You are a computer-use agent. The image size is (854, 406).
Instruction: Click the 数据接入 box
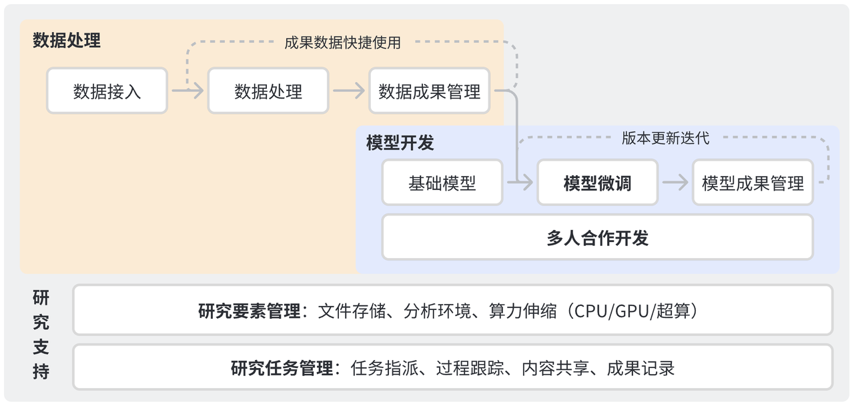coord(107,91)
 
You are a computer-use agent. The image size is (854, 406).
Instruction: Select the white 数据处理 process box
coord(268,91)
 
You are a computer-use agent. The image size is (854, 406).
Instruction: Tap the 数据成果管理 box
coord(429,91)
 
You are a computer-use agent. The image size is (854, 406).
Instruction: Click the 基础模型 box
coord(442,183)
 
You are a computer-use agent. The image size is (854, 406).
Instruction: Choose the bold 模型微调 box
coord(597,183)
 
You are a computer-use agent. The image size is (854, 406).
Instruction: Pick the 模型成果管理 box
coord(753,183)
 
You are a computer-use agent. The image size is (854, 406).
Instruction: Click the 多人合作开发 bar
coord(597,237)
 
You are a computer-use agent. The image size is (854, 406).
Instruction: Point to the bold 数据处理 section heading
coord(67,40)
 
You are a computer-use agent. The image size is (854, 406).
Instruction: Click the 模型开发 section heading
coord(400,143)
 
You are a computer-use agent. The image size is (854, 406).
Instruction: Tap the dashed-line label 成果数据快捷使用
coord(342,43)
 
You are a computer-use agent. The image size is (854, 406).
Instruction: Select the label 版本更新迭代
coord(665,138)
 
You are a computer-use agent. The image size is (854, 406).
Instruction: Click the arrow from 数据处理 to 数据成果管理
coord(348,91)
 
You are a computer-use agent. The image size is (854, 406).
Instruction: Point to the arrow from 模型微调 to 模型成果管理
coord(675,183)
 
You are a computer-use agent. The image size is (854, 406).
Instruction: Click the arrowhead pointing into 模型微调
coord(527,183)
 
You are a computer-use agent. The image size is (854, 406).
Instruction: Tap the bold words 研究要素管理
coord(249,311)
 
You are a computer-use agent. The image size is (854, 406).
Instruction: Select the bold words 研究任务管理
coord(282,368)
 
